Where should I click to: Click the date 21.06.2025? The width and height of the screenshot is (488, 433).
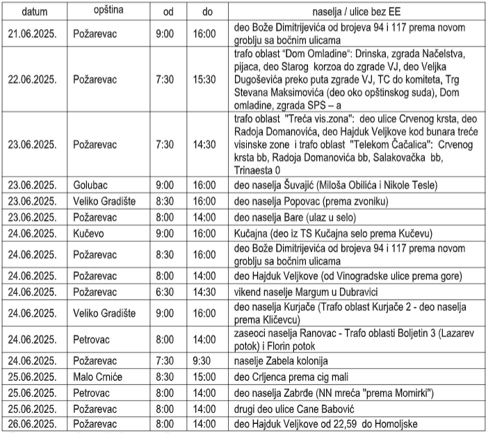tap(33, 34)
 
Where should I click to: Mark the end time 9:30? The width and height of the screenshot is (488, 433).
tap(203, 361)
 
